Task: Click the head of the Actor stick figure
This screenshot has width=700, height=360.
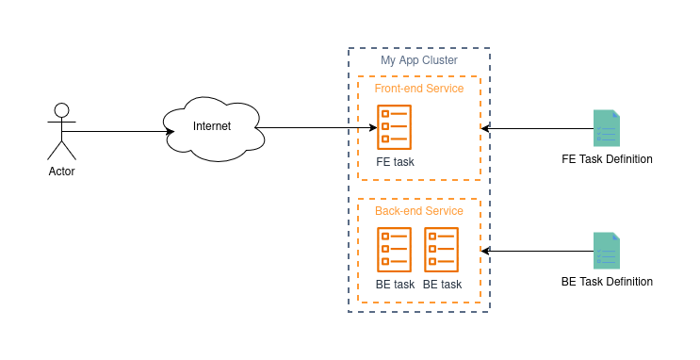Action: (x=61, y=110)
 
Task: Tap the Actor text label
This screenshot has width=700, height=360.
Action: (x=61, y=172)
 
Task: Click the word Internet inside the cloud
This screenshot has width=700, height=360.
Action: (x=212, y=126)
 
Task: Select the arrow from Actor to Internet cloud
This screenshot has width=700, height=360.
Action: (x=118, y=131)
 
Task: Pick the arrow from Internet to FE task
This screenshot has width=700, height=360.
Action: (x=316, y=128)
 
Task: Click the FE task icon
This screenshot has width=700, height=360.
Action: (x=394, y=127)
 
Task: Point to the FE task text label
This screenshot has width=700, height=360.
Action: (x=395, y=162)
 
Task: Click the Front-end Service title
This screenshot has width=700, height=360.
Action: (x=419, y=89)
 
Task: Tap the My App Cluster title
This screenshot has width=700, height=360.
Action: (x=419, y=60)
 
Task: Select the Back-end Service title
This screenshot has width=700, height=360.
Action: (x=419, y=211)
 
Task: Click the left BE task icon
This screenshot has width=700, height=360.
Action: (x=394, y=250)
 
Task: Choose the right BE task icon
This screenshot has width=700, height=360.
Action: (x=442, y=250)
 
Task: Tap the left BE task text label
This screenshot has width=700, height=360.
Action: (x=395, y=284)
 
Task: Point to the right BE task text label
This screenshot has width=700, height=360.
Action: (x=443, y=284)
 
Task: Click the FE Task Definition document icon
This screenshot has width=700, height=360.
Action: (x=607, y=128)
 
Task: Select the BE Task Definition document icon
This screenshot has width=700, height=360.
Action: (x=607, y=251)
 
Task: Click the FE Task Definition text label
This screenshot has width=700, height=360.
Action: (x=607, y=159)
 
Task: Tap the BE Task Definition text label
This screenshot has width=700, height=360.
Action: (x=607, y=282)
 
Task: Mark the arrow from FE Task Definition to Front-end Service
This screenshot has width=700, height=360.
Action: (x=538, y=128)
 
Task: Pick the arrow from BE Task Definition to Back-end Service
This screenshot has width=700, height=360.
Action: (x=538, y=251)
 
